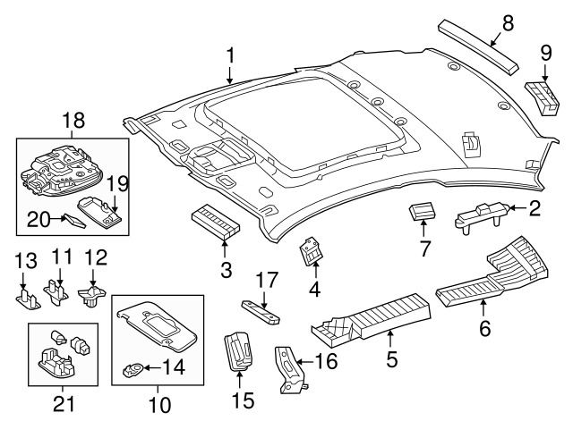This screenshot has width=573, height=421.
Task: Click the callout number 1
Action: (230, 55)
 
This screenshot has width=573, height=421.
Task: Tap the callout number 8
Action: (508, 24)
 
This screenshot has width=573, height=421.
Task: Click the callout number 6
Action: (484, 330)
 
